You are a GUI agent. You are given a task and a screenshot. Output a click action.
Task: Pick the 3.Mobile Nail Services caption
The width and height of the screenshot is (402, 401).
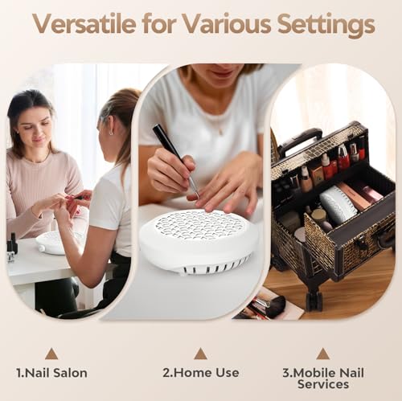(x=322, y=378)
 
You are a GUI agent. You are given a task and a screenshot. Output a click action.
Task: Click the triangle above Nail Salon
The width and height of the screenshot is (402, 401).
(x=51, y=353)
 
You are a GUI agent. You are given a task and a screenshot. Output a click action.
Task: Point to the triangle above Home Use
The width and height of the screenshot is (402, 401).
(x=200, y=353)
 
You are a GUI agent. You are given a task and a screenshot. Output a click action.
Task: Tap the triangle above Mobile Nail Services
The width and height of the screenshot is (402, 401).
(x=322, y=353)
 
